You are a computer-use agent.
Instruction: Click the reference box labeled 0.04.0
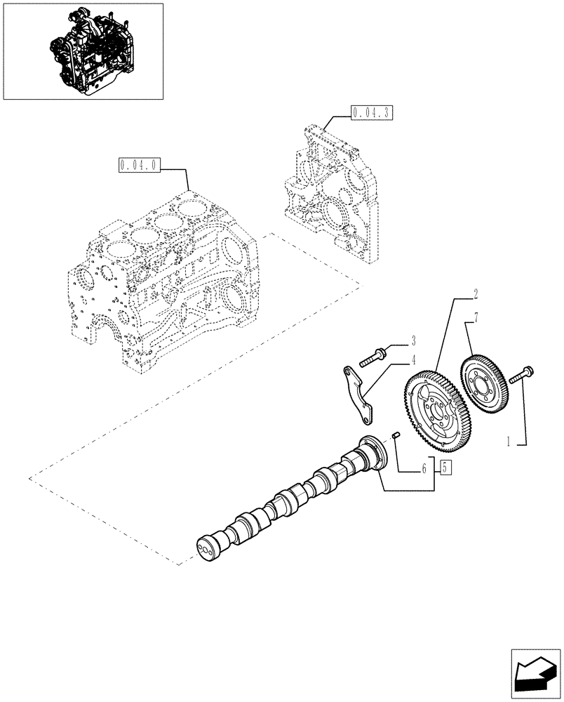click(x=141, y=166)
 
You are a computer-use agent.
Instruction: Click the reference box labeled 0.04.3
click(x=370, y=111)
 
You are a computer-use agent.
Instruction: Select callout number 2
click(x=455, y=292)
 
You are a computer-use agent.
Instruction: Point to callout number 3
click(x=413, y=341)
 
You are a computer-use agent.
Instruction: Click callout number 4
click(x=413, y=360)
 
